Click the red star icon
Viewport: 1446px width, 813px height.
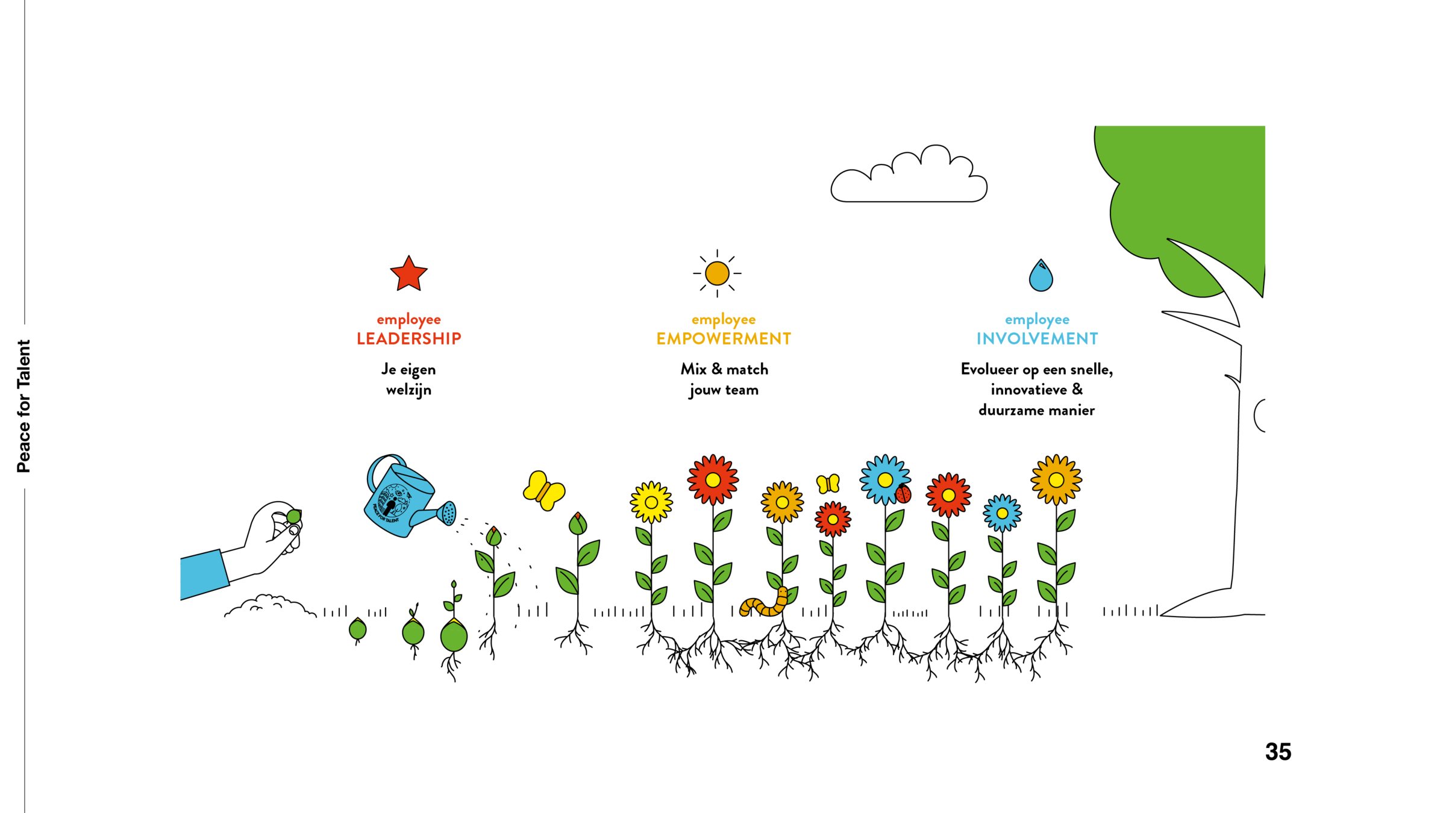coord(408,275)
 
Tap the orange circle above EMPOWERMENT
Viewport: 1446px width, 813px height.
coord(717,273)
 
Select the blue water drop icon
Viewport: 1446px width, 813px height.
coord(1041,276)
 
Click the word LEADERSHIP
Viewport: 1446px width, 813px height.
coord(409,339)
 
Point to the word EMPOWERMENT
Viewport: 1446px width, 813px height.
coord(724,339)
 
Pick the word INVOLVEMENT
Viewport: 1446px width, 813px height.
coord(1037,339)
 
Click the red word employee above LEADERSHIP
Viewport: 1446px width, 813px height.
coord(409,320)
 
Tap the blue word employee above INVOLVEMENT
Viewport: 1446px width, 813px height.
coord(1037,320)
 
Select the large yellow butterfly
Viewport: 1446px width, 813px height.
coord(544,490)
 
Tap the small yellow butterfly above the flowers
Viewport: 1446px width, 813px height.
coord(828,484)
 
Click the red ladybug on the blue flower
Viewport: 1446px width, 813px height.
coord(903,495)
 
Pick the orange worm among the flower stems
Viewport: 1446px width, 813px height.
coord(765,605)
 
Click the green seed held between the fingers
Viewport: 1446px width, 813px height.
coord(293,517)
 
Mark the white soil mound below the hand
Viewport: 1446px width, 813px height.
coord(271,608)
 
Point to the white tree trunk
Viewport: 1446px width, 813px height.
coord(1250,482)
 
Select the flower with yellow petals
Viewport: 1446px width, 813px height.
coord(651,502)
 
